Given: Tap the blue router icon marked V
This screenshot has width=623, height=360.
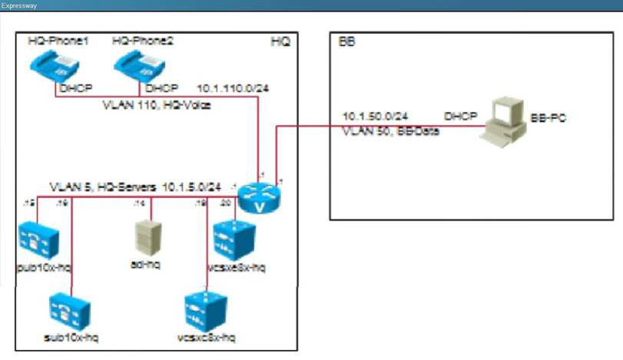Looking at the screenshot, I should click(x=258, y=197).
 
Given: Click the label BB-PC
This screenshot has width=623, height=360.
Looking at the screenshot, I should click(x=548, y=119).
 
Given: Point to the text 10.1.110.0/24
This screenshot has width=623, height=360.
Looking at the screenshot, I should click(x=234, y=88).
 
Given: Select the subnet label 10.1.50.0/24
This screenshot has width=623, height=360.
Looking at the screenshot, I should click(x=374, y=116).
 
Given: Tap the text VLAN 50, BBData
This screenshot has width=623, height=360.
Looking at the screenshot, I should click(x=383, y=130).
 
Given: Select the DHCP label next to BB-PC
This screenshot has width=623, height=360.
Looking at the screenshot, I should click(x=460, y=116).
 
